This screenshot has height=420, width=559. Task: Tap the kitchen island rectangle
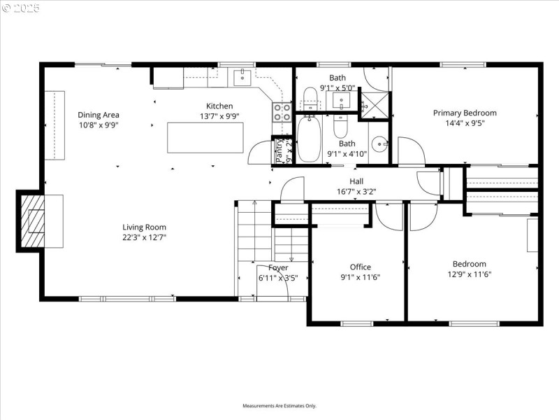pyautogui.click(x=205, y=137)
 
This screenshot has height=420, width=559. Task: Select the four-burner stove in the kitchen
pyautogui.click(x=282, y=113)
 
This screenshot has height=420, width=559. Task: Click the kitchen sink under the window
pyautogui.click(x=242, y=75)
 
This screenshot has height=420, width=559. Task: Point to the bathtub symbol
pyautogui.click(x=308, y=139)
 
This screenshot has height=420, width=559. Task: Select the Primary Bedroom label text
pyautogui.click(x=465, y=113)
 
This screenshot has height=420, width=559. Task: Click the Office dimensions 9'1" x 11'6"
pyautogui.click(x=361, y=276)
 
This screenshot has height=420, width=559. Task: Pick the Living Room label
pyautogui.click(x=145, y=227)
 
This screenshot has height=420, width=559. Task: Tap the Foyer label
pyautogui.click(x=278, y=267)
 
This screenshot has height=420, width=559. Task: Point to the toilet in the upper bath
pyautogui.click(x=310, y=99)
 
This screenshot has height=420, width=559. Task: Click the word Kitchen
pyautogui.click(x=219, y=106)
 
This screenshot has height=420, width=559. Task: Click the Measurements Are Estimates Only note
pyautogui.click(x=279, y=405)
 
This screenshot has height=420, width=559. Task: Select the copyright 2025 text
pyautogui.click(x=21, y=8)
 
